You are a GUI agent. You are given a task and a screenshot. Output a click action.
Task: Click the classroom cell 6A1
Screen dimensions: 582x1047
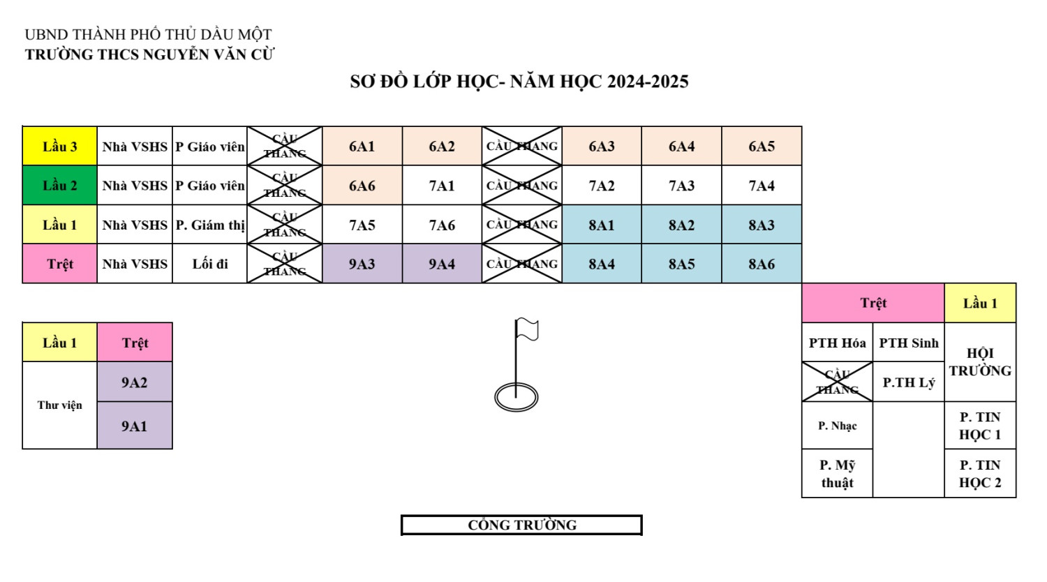tap(362, 147)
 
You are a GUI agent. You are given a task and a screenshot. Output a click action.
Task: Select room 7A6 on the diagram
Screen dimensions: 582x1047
tap(442, 225)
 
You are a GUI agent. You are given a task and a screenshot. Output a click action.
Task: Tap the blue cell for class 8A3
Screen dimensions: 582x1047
tap(762, 225)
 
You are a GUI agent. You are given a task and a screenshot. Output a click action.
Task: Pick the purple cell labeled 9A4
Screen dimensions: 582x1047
tap(442, 264)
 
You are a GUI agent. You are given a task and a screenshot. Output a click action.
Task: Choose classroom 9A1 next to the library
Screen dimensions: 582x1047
tap(134, 426)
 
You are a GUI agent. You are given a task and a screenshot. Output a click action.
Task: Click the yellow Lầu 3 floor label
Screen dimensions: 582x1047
tap(60, 147)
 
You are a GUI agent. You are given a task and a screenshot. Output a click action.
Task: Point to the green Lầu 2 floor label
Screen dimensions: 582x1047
tap(60, 186)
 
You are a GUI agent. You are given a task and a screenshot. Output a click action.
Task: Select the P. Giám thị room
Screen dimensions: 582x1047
tap(210, 225)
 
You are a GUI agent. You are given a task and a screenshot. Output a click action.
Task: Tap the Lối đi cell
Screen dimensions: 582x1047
tap(210, 264)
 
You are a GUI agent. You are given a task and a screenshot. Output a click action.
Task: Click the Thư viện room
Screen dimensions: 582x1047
tap(60, 405)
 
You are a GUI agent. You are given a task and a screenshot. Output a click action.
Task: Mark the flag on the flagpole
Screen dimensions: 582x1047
tap(528, 329)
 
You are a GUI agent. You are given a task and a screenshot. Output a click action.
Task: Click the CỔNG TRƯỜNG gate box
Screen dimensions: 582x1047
tap(521, 525)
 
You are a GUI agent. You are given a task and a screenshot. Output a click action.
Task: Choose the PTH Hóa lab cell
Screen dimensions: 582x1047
tap(837, 343)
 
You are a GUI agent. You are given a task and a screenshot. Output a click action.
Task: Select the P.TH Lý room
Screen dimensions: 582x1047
tap(908, 382)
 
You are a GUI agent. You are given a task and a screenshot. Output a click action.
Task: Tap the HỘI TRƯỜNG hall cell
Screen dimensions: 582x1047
tap(980, 361)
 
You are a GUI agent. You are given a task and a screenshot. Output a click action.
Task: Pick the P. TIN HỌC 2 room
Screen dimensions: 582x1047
tap(980, 474)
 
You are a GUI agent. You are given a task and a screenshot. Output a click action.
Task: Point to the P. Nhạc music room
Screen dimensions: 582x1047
tap(837, 426)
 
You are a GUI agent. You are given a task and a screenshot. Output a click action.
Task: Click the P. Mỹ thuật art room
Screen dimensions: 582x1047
tap(837, 474)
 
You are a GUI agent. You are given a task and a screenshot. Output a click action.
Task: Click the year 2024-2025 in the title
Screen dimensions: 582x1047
tap(648, 82)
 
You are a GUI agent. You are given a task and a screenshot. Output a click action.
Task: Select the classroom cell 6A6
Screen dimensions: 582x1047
tap(362, 186)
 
